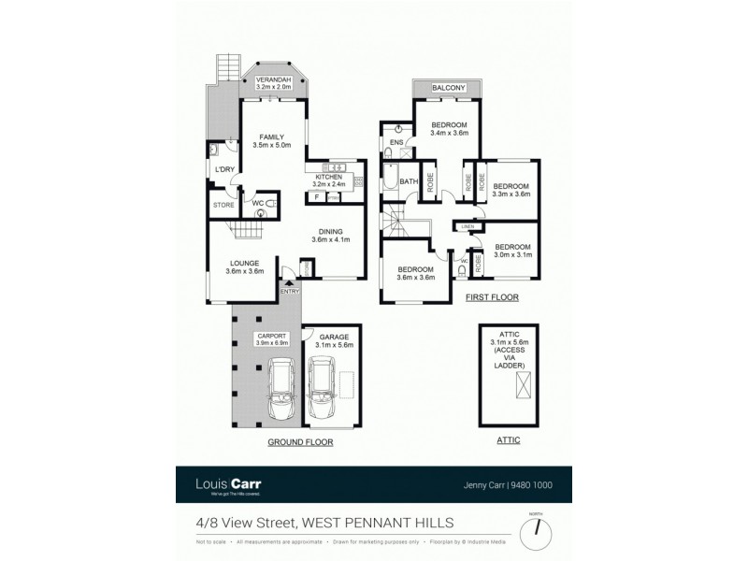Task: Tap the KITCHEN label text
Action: click(328, 177)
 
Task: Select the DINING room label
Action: click(328, 232)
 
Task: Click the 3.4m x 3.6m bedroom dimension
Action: click(449, 134)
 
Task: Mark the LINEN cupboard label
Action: click(467, 227)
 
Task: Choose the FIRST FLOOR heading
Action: click(492, 297)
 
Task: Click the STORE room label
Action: click(223, 205)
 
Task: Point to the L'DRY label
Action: click(224, 169)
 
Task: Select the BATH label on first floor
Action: click(409, 181)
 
